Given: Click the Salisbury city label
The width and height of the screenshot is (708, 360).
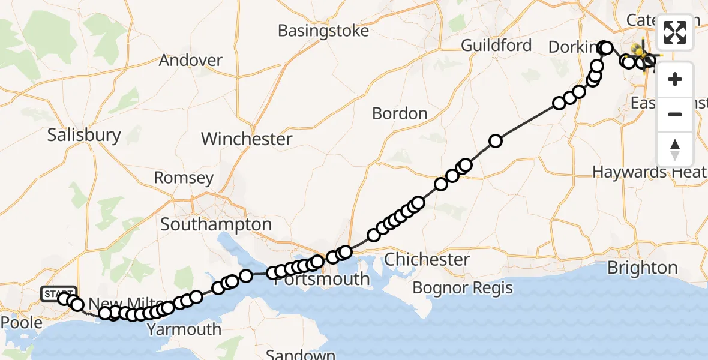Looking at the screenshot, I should (x=84, y=135).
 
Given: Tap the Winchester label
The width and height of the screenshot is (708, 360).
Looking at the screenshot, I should (x=247, y=139).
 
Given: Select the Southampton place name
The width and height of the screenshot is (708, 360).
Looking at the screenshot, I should (x=216, y=225).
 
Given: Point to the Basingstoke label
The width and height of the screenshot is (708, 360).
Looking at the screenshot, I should (x=323, y=31).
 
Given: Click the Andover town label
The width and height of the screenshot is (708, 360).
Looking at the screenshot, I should (x=191, y=60).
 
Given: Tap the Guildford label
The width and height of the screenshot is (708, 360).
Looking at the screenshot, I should (x=496, y=46).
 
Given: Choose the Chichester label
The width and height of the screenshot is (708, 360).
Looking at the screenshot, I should (x=427, y=260).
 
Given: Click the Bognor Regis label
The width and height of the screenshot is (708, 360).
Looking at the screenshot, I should (x=463, y=288).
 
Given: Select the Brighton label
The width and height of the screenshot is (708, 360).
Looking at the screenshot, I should (x=643, y=268).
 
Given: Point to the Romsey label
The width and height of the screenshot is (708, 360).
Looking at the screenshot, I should (x=184, y=178).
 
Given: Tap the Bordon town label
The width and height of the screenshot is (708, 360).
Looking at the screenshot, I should (x=400, y=113).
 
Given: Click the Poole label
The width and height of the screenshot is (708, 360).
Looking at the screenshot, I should (x=22, y=322).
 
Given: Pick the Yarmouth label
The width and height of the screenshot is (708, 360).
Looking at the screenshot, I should (x=184, y=329).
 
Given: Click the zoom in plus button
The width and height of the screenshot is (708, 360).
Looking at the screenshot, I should (x=675, y=79).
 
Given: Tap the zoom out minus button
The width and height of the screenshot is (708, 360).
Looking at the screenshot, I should (x=675, y=114).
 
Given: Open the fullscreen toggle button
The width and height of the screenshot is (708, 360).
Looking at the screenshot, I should (x=675, y=32).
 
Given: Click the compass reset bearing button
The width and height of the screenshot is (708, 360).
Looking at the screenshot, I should (x=675, y=149).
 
